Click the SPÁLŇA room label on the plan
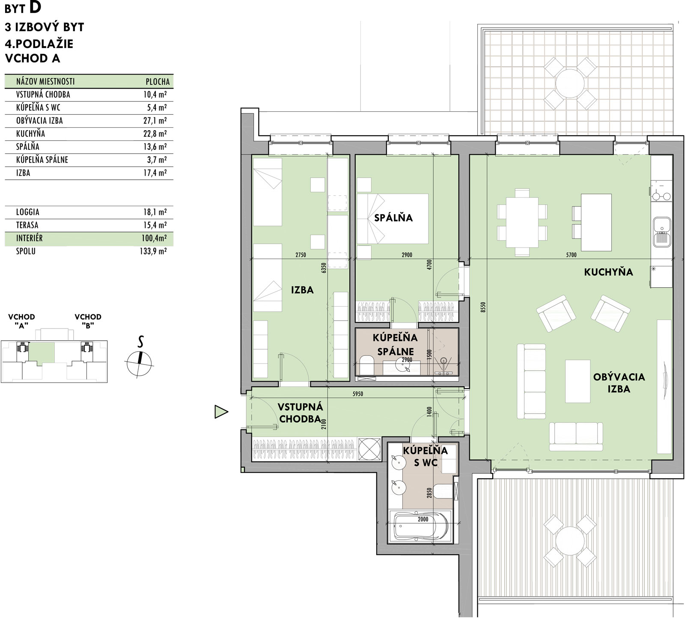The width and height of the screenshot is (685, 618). pos(393,218)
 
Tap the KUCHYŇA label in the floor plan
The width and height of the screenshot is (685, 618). pos(608,272)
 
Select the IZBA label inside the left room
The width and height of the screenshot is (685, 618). pos(302,290)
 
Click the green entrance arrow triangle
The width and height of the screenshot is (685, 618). pos(221,412)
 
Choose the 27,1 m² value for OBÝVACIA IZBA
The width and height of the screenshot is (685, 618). pos(155,121)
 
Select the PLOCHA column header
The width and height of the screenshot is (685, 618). pos(158,81)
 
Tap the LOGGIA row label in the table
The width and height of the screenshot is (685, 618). pos(28,212)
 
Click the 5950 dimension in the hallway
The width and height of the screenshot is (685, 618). pos(357,394)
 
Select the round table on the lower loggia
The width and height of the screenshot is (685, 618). pos(570,541)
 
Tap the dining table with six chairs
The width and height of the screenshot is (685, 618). pos(522,222)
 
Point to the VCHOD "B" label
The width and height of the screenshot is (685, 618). pos(88,321)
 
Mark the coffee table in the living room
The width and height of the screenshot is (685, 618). pos(578,381)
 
